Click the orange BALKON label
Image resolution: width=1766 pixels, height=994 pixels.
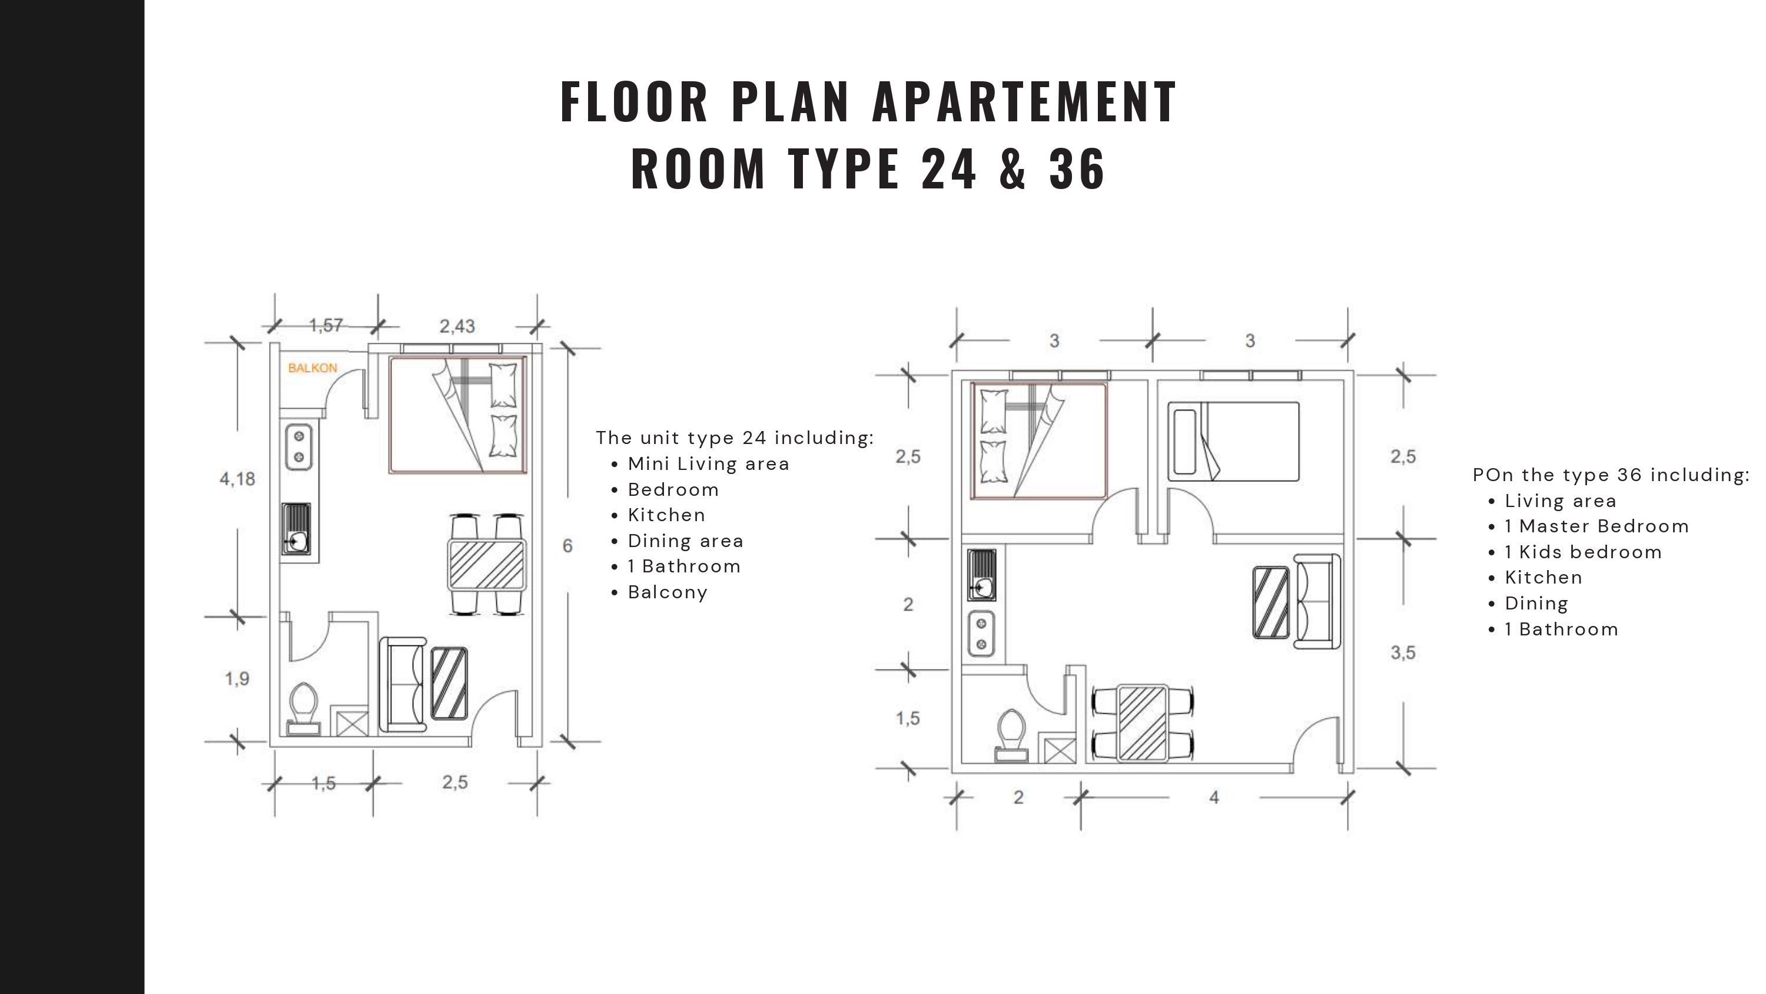click(x=313, y=369)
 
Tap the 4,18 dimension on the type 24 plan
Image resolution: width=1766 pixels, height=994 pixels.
click(x=237, y=479)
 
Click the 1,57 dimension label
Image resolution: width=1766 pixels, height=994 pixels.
click(x=326, y=325)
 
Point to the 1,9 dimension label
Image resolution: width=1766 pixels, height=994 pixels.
click(x=237, y=679)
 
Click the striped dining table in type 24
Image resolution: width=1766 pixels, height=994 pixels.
click(x=487, y=565)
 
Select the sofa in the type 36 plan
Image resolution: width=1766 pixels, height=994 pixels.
click(x=1317, y=601)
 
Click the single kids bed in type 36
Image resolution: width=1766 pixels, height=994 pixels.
click(x=1233, y=441)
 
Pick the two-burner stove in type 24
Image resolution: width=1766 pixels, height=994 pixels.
click(x=299, y=446)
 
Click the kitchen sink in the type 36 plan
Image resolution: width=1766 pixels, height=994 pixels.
click(x=981, y=575)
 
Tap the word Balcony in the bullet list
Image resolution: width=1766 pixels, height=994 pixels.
click(x=668, y=593)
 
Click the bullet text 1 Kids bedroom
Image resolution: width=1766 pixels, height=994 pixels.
click(x=1583, y=552)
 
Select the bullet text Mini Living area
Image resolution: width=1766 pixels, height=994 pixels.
click(x=709, y=465)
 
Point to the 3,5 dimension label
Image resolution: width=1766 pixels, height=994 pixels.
click(x=1403, y=653)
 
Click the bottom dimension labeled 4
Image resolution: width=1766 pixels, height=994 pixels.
click(x=1214, y=797)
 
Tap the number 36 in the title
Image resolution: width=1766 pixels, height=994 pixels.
click(x=1077, y=169)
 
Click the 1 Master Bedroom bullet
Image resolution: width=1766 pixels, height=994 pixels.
click(x=1596, y=527)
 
